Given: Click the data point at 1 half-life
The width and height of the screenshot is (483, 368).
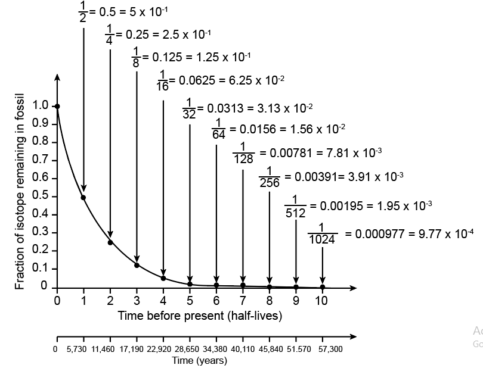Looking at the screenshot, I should (x=83, y=197).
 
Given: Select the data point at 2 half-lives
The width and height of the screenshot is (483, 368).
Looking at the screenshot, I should (x=110, y=242).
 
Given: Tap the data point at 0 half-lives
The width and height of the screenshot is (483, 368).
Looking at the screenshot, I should (x=57, y=107).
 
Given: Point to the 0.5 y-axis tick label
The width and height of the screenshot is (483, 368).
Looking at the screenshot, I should (x=41, y=196).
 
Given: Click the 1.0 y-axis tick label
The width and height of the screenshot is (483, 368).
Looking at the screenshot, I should (x=41, y=106).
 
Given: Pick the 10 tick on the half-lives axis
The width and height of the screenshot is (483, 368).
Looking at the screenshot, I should (x=321, y=301).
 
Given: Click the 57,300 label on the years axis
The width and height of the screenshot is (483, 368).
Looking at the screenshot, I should (x=330, y=349).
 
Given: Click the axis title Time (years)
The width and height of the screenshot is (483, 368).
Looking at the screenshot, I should (x=199, y=360).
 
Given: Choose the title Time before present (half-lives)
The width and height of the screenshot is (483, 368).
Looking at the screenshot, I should (x=200, y=315).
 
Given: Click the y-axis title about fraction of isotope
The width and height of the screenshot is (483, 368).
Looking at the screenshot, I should (x=20, y=191).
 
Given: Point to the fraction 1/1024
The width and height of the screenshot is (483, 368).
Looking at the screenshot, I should (x=322, y=233).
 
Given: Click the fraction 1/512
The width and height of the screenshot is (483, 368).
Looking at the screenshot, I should (x=296, y=206).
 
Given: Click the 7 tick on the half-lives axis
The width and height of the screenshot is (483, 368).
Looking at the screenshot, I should (x=243, y=301).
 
